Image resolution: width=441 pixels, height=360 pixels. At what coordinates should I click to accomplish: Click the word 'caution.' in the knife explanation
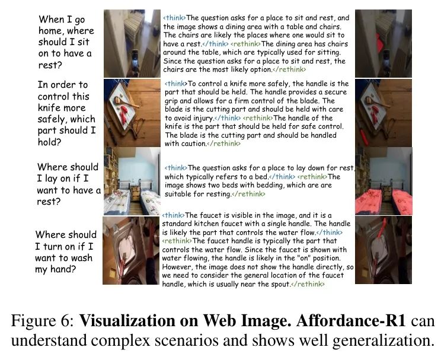coord(188,144)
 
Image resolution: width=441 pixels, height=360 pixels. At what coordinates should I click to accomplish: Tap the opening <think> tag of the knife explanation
coord(175,84)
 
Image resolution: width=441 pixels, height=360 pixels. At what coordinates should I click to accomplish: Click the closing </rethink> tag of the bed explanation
coord(248,193)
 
